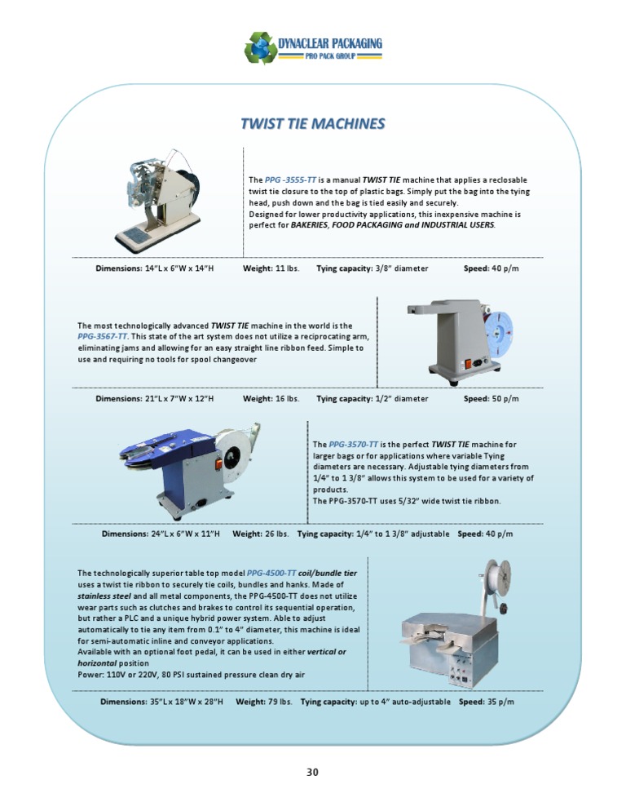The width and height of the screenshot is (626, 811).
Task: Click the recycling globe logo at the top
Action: click(x=261, y=47)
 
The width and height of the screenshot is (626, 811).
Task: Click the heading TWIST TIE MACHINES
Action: click(x=313, y=124)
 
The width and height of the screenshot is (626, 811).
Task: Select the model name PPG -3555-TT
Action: click(x=290, y=180)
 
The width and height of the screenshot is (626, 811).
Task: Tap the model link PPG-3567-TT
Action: click(x=103, y=337)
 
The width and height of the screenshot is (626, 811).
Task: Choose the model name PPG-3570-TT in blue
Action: click(x=354, y=445)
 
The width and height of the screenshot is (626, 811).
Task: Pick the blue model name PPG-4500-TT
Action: click(x=271, y=573)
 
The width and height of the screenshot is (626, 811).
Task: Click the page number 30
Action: click(x=313, y=772)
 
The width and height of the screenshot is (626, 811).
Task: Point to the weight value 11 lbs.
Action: click(x=288, y=268)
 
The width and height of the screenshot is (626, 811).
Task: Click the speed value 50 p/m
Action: click(x=505, y=399)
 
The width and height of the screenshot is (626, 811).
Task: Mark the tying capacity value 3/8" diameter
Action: click(x=402, y=268)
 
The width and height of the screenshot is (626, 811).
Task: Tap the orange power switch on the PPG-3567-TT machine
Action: click(x=469, y=364)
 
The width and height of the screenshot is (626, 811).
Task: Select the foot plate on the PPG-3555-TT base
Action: click(x=135, y=235)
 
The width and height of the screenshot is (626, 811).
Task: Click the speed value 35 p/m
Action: click(x=500, y=702)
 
